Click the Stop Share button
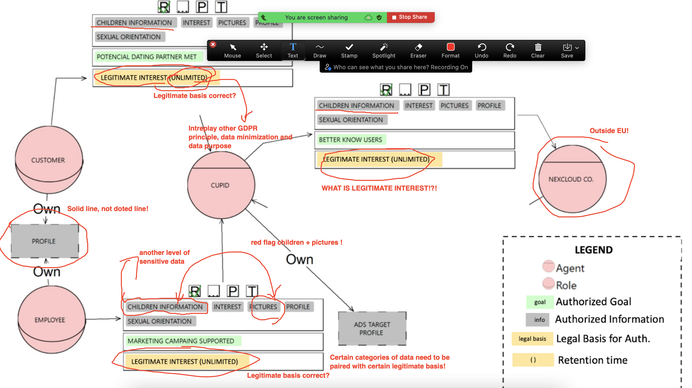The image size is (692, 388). point(410,17)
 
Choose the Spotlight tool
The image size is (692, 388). point(383,50)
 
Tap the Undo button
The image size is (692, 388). point(481,50)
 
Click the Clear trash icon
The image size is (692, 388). point(538,50)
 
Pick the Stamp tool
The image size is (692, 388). point(349,50)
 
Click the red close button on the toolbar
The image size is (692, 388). point(213,45)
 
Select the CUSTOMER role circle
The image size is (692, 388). point(48,160)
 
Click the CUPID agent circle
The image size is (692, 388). point(220,185)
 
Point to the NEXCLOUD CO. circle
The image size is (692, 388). point(571,179)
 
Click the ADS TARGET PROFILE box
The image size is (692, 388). point(372,328)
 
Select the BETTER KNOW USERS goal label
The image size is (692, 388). point(350,140)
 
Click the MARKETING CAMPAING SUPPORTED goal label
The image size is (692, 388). point(181,341)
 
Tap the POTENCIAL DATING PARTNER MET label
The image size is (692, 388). point(147,57)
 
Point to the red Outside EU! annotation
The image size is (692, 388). point(609,131)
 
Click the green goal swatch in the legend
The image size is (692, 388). point(539,302)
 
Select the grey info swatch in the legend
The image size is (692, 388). point(539,320)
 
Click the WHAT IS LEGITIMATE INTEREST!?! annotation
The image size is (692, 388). point(379,188)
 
